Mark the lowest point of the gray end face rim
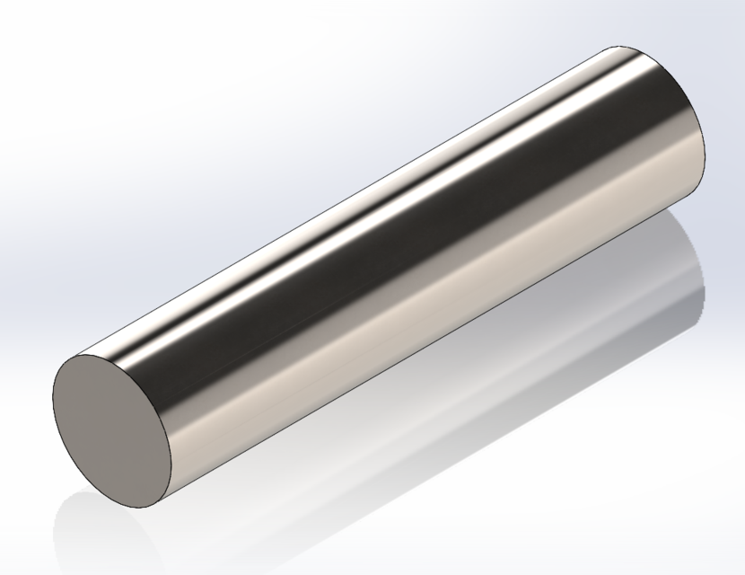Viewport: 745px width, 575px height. pyautogui.click(x=126, y=509)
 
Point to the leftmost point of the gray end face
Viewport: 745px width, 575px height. pyautogui.click(x=52, y=395)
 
